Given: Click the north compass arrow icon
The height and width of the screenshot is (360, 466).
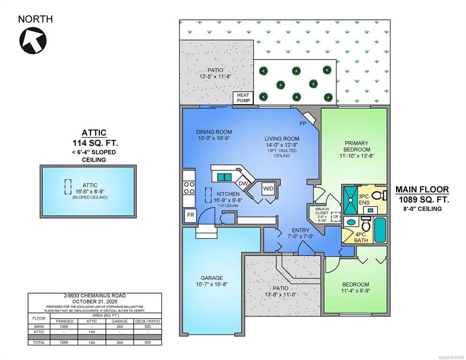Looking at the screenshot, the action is click(x=33, y=41).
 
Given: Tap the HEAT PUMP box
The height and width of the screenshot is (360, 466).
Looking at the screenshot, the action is click(x=243, y=98).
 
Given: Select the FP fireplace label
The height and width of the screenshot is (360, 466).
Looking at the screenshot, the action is click(x=303, y=123).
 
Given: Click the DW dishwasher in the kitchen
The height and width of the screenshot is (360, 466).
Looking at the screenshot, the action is click(x=243, y=183).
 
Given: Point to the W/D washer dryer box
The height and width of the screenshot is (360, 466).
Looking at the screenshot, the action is click(x=268, y=188).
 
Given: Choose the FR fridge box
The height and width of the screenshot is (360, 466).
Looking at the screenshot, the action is click(x=190, y=215).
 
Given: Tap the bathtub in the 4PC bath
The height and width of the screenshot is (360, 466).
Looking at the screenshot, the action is click(x=380, y=230).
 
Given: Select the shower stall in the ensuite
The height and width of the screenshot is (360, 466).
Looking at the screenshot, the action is click(x=350, y=200).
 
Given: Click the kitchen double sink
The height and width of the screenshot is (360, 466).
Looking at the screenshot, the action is click(x=224, y=177).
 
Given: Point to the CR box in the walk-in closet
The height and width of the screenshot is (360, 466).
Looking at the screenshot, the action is click(x=336, y=217).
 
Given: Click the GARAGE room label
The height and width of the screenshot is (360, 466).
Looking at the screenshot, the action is click(x=211, y=278).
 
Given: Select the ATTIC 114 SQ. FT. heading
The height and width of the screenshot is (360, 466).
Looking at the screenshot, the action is click(x=95, y=138).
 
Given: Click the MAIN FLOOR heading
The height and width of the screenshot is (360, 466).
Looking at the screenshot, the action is click(x=422, y=189).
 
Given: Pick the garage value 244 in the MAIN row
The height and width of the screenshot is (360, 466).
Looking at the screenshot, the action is click(x=120, y=326).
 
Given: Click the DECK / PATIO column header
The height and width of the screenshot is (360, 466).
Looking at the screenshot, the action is click(x=147, y=322).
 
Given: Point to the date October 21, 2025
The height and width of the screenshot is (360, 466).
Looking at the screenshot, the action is click(x=95, y=301).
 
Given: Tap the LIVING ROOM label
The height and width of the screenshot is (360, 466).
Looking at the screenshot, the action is click(x=282, y=139).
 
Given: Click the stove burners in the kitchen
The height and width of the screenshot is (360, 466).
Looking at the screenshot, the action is click(x=189, y=188).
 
